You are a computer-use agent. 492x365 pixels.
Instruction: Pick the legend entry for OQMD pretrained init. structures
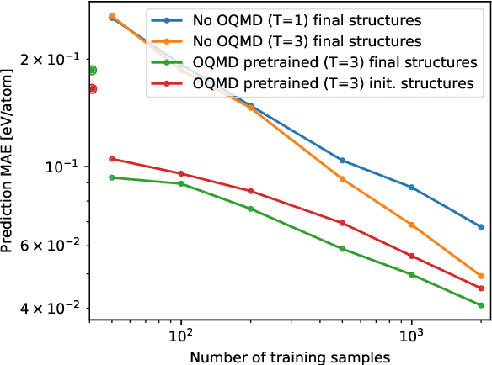334,83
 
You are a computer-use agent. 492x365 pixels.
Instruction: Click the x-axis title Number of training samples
290,357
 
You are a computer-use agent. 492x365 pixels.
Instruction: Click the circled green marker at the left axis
93,71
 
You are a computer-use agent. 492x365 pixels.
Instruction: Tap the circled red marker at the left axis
93,88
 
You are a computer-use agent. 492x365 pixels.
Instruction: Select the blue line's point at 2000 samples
480,227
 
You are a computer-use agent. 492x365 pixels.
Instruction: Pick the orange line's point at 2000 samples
480,276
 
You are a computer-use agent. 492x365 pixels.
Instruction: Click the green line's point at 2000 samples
480,305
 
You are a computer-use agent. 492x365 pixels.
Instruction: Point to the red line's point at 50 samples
112,158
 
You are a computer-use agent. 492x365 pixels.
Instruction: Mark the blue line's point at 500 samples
342,161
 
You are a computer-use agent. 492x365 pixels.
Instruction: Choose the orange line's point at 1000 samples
411,225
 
